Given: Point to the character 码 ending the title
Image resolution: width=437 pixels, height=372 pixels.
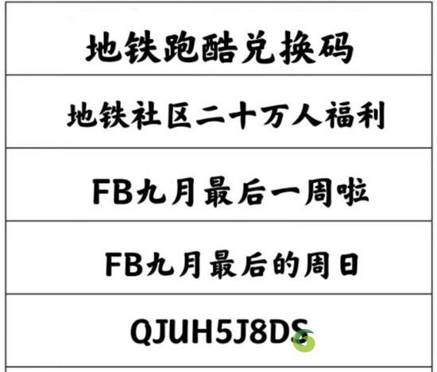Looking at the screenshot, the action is (x=336, y=48).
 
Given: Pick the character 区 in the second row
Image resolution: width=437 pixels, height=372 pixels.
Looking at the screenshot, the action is (x=180, y=115).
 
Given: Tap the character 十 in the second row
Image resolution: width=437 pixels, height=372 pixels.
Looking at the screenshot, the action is (x=242, y=115).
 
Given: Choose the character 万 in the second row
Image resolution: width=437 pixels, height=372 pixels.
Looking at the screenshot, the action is (x=275, y=115).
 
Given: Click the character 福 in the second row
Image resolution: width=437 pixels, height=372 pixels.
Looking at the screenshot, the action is (x=339, y=115).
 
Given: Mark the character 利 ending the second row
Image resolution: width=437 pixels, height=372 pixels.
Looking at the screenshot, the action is (x=371, y=115).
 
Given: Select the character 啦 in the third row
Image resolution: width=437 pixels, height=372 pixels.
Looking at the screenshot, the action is (x=353, y=192).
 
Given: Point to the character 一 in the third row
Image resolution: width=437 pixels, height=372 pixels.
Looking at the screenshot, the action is (x=285, y=192).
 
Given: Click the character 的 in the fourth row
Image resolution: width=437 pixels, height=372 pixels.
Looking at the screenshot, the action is (x=286, y=265).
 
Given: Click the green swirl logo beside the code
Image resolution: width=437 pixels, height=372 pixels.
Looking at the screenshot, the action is (x=304, y=340).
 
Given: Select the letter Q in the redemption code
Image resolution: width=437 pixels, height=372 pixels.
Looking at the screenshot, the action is (x=142, y=332).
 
